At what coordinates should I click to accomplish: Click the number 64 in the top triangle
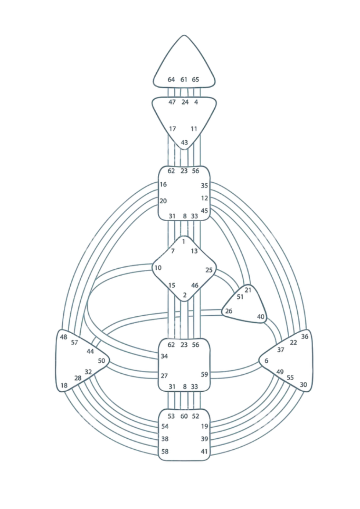pyautogui.click(x=171, y=80)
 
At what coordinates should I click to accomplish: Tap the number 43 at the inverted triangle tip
pyautogui.click(x=184, y=142)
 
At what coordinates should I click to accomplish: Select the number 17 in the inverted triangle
pyautogui.click(x=172, y=129)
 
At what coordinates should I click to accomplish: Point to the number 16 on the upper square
pyautogui.click(x=163, y=184)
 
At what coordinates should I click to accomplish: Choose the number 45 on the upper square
pyautogui.click(x=204, y=211)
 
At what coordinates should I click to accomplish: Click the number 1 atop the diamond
pyautogui.click(x=184, y=241)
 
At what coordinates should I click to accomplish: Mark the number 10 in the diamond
pyautogui.click(x=158, y=268)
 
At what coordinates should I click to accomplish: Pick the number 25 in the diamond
pyautogui.click(x=209, y=270)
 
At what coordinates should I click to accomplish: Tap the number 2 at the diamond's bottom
pyautogui.click(x=185, y=295)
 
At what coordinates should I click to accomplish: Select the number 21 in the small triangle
pyautogui.click(x=248, y=290)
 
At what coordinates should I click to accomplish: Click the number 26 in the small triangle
pyautogui.click(x=229, y=311)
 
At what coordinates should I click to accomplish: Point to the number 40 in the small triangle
pyautogui.click(x=261, y=316)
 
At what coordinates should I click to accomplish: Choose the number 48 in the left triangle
pyautogui.click(x=64, y=337)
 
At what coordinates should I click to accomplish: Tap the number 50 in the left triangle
pyautogui.click(x=101, y=361)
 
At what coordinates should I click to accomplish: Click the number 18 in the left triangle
pyautogui.click(x=64, y=385)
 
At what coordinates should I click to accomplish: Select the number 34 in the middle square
pyautogui.click(x=164, y=356)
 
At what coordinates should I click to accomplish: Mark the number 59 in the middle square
pyautogui.click(x=204, y=374)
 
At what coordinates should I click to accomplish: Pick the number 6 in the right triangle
pyautogui.click(x=266, y=361)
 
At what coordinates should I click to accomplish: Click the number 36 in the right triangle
pyautogui.click(x=304, y=336)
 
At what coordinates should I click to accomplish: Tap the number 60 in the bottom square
pyautogui.click(x=184, y=416)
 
